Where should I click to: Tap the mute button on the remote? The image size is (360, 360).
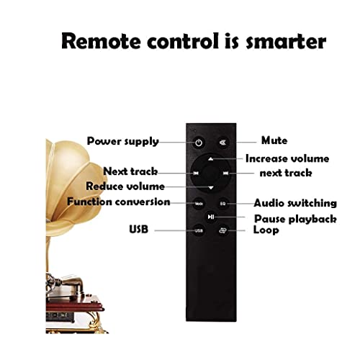point(223,143)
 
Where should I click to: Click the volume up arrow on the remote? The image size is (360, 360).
point(211,159)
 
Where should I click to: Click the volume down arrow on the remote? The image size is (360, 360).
point(211,188)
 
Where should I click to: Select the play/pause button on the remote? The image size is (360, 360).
point(211,217)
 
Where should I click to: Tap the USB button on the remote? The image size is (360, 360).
point(199,230)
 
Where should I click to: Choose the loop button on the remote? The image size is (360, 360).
point(223,230)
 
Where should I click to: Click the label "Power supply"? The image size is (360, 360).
point(123,142)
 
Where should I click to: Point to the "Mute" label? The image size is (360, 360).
point(274,140)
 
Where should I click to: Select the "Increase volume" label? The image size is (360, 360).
point(287,158)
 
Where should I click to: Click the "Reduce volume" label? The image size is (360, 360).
point(125,186)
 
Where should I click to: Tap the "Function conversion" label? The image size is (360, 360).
point(119,202)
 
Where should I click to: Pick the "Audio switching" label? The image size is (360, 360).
point(295,203)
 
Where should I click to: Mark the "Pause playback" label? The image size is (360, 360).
point(295,219)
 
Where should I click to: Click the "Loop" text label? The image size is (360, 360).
point(266,230)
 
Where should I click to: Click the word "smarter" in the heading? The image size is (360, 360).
point(286,42)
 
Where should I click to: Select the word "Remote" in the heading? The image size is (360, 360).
point(101,41)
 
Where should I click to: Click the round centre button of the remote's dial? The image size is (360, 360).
point(211,173)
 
